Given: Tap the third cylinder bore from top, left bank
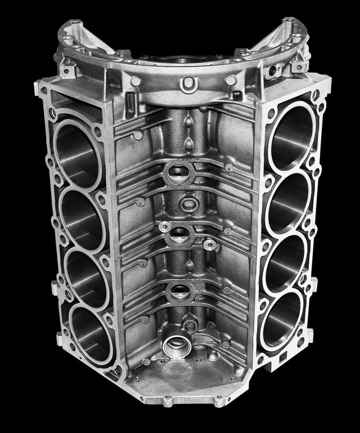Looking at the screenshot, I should coord(87,276).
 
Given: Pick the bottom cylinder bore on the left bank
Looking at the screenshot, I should coord(90,333).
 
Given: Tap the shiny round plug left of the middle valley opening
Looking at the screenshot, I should coord(164,226).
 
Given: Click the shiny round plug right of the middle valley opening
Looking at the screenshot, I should coord(210,244).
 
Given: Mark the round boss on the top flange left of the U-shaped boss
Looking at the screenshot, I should coord(136,82).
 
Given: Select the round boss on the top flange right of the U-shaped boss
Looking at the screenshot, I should coord(231,81).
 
